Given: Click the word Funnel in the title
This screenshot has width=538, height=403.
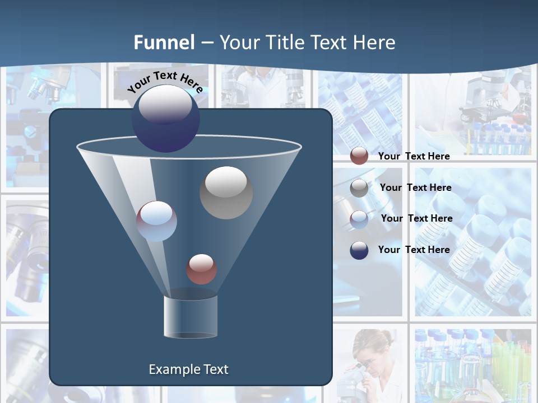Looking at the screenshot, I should point(164,42).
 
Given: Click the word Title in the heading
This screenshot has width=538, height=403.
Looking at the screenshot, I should point(285,42).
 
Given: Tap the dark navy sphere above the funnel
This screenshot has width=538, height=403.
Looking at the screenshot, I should point(166,119).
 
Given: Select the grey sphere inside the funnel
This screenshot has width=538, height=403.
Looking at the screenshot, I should point(226,193).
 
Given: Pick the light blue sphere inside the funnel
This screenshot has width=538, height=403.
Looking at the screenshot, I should point(157,221).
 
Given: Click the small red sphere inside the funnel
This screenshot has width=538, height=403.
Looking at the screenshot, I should point(201,269).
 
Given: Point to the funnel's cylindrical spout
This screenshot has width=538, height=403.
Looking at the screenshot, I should point(190,316).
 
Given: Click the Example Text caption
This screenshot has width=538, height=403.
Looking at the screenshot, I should point(188,369).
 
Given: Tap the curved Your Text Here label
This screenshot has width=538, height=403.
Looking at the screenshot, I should point(165,82).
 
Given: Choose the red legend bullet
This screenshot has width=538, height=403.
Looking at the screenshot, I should point(359,156).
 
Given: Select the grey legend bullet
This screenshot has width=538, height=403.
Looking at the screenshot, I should point(359,188).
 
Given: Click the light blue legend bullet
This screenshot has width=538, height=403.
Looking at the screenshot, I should point(359,219).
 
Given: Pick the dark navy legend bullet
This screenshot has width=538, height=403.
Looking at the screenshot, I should point(359,250).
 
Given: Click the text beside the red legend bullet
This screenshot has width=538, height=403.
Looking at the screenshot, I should point(414,156).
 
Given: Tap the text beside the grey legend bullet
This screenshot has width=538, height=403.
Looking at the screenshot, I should point(415,188).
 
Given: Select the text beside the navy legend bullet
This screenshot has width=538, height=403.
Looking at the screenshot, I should point(414,250).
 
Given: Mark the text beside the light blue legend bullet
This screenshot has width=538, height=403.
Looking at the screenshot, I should point(416,218).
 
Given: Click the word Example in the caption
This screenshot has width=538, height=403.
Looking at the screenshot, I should point(170,369).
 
